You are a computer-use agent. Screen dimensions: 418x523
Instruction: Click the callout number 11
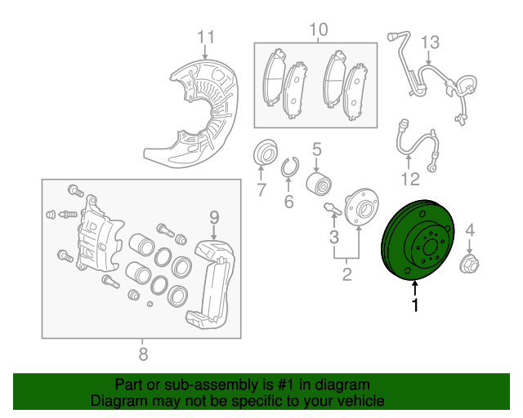(x=205, y=37)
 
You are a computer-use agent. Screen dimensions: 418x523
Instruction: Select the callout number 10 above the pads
(x=318, y=30)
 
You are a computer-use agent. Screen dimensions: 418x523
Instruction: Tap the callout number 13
(x=430, y=42)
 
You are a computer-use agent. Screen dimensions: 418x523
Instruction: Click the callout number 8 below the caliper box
(x=143, y=354)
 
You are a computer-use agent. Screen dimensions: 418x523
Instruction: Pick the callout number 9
(x=214, y=216)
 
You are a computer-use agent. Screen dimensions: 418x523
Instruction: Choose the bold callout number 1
(x=416, y=305)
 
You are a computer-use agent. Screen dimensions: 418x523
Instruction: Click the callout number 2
(x=346, y=275)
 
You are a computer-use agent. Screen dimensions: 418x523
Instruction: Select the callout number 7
(x=261, y=191)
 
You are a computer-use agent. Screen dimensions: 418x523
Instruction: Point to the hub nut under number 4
(x=470, y=264)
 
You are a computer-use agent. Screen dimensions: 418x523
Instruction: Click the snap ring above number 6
(x=288, y=169)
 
